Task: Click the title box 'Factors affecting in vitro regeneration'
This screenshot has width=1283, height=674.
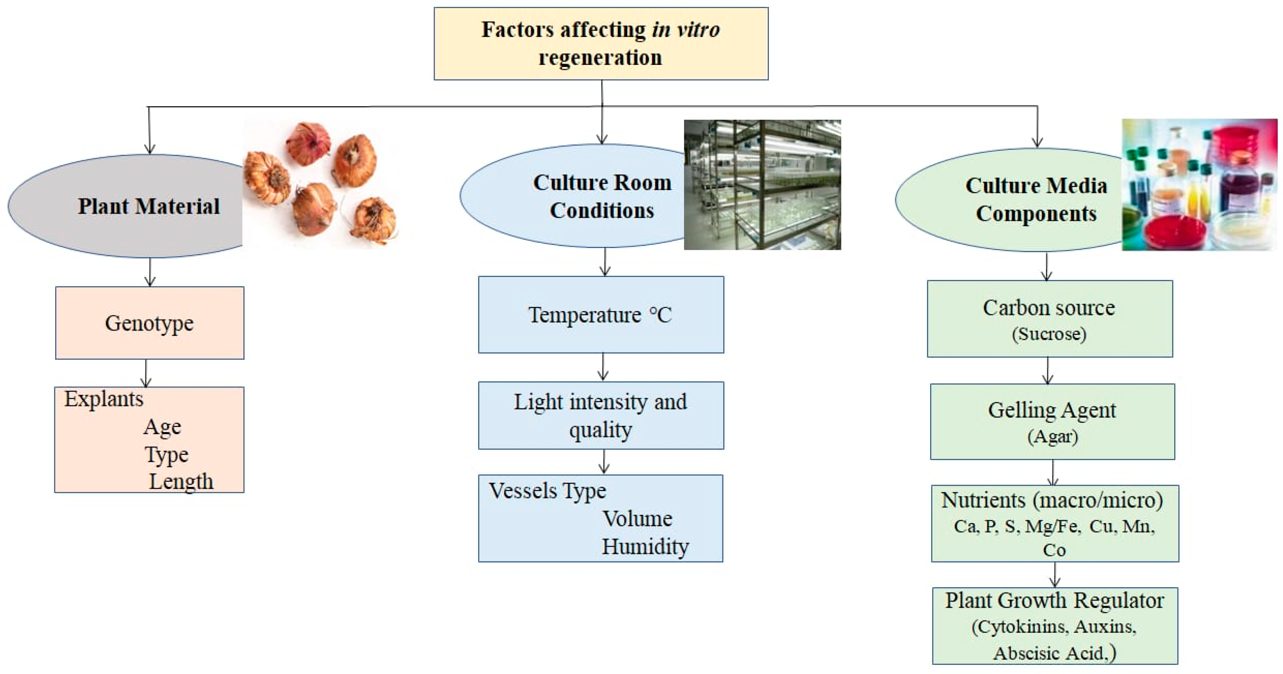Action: click(601, 43)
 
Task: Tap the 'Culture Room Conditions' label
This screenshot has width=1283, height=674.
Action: click(601, 196)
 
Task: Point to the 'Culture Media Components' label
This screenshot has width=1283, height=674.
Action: click(1036, 199)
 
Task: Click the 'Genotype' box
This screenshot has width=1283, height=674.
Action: click(150, 323)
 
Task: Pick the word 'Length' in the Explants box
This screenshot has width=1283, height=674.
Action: click(181, 481)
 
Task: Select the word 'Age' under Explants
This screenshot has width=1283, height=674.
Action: click(162, 427)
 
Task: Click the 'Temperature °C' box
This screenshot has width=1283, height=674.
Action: click(601, 315)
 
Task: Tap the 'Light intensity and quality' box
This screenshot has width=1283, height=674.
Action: click(601, 416)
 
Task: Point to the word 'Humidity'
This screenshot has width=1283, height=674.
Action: click(645, 546)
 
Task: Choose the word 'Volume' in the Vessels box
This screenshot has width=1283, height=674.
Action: click(638, 518)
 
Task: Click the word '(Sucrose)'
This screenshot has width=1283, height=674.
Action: click(1049, 334)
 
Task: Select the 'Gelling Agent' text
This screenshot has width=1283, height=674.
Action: click(1052, 410)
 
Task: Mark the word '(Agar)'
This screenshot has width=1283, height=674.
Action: click(1052, 436)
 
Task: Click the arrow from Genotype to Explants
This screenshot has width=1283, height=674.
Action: click(146, 373)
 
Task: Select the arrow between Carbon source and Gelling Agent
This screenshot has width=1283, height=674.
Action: click(1048, 370)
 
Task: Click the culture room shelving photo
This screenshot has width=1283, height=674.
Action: click(762, 184)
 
